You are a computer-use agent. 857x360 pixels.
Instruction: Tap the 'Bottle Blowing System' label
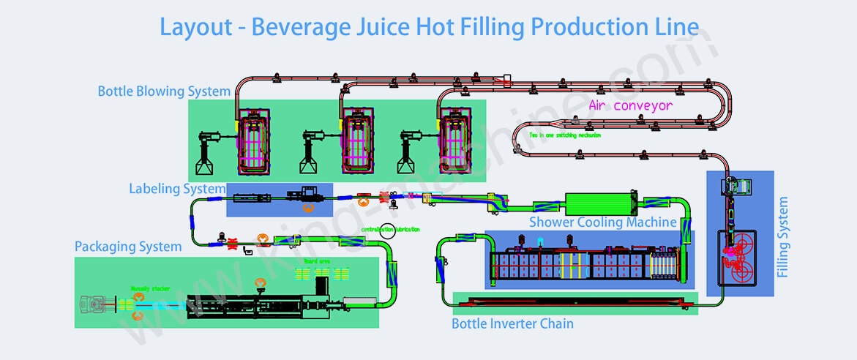click(164, 91)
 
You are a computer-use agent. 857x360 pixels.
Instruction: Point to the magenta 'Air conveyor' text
click(630, 105)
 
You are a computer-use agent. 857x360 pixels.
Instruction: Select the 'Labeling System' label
click(177, 189)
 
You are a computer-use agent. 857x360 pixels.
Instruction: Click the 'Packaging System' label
click(128, 247)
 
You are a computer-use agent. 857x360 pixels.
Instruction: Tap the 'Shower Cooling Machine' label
click(603, 222)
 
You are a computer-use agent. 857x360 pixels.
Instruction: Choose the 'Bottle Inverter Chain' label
click(512, 323)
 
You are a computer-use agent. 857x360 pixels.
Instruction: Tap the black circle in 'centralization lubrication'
click(387, 230)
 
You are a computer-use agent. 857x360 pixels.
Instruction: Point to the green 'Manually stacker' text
click(151, 289)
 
